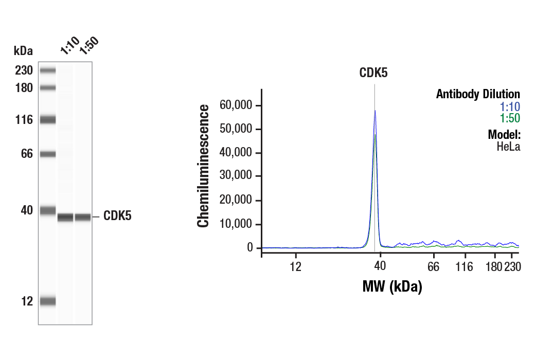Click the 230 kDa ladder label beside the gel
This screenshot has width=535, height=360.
pyautogui.click(x=23, y=70)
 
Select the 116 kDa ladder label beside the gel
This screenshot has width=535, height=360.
pyautogui.click(x=23, y=120)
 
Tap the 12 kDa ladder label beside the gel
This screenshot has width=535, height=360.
pyautogui.click(x=27, y=301)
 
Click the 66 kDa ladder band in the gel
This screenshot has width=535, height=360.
pyautogui.click(x=48, y=154)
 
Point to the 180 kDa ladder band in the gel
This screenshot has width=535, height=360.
pyautogui.click(x=48, y=87)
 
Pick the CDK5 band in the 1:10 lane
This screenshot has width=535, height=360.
pyautogui.click(x=65, y=217)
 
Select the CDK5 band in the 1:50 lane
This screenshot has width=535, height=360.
pyautogui.click(x=82, y=217)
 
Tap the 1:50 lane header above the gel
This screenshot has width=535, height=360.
pyautogui.click(x=88, y=45)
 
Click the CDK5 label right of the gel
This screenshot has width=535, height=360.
pyautogui.click(x=117, y=216)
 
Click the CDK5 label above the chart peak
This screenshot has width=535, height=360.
pyautogui.click(x=373, y=73)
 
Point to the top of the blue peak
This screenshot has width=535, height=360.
pyautogui.click(x=374, y=111)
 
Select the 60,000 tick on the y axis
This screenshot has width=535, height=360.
pyautogui.click(x=236, y=105)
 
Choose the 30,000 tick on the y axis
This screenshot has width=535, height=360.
pyautogui.click(x=236, y=176)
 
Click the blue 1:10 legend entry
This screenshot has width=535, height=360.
pyautogui.click(x=510, y=106)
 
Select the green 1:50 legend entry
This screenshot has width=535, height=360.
pyautogui.click(x=510, y=118)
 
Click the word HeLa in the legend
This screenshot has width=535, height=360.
pyautogui.click(x=508, y=147)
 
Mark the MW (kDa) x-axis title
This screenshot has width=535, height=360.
pyautogui.click(x=392, y=286)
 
